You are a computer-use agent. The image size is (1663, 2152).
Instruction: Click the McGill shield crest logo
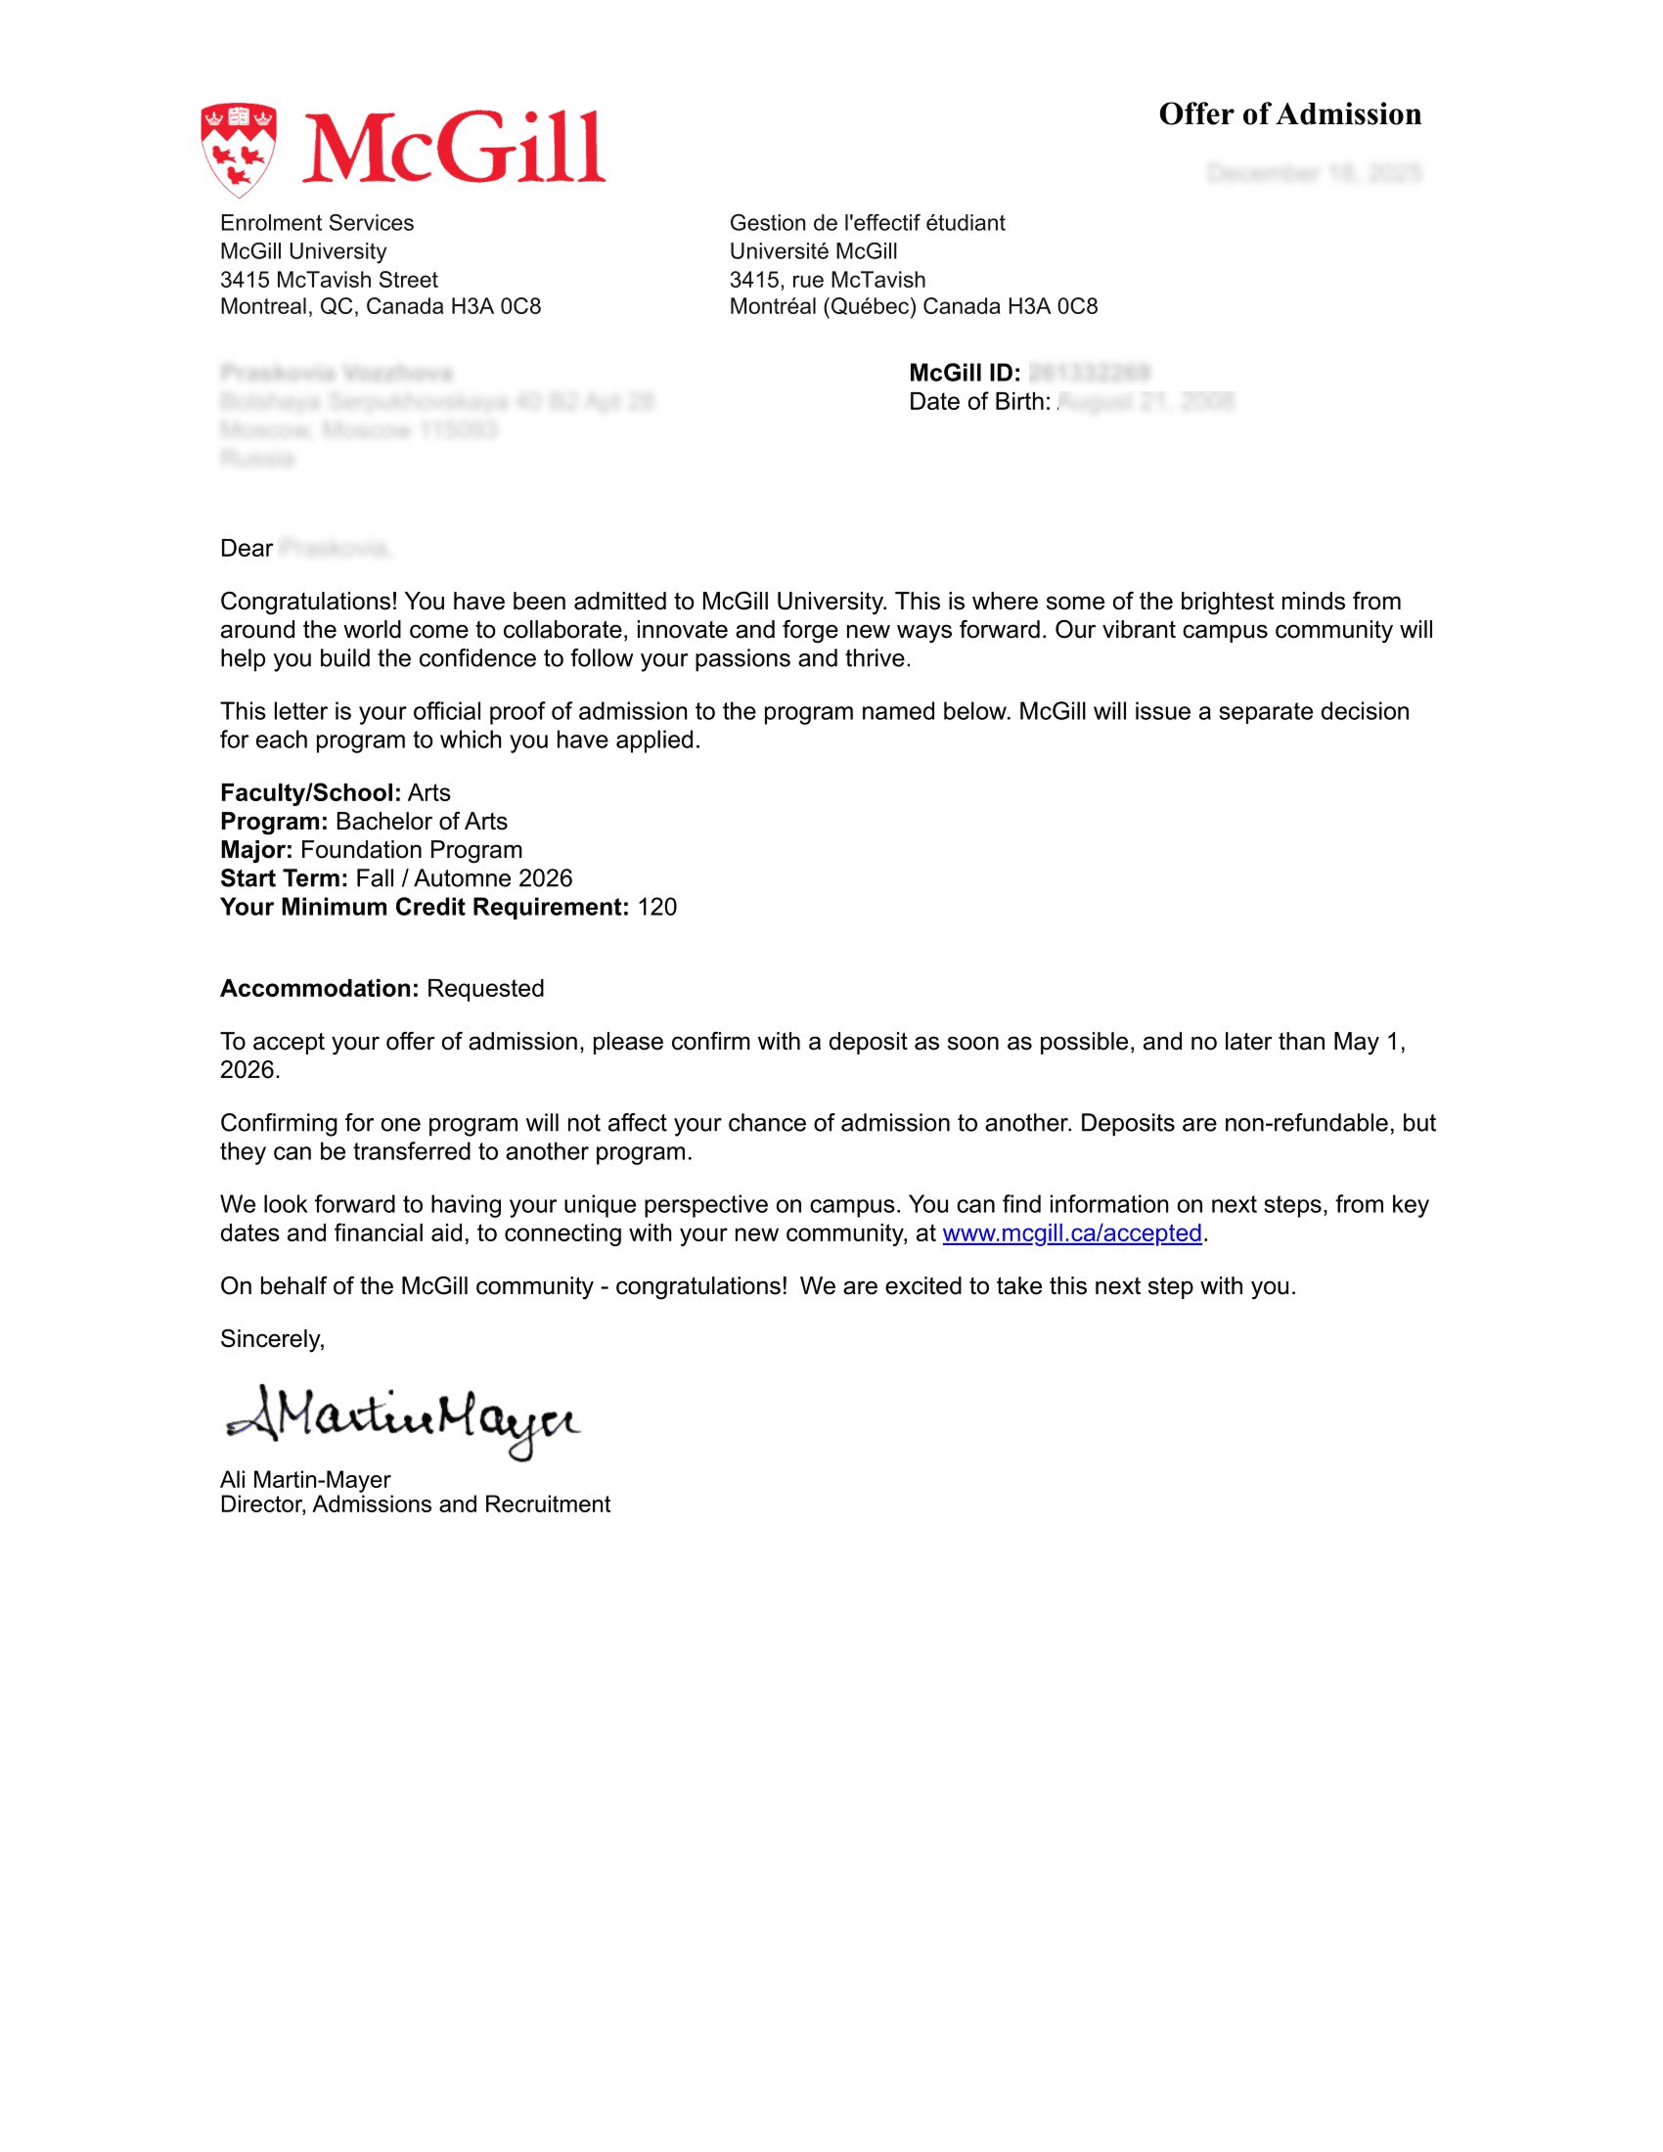pos(239,150)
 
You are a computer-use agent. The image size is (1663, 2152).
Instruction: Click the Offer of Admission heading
pos(1288,114)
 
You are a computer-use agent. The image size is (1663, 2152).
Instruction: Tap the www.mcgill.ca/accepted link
pos(1072,1233)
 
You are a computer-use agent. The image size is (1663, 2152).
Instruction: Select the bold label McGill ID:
pos(964,373)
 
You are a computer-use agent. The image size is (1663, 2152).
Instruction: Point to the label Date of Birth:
pos(979,401)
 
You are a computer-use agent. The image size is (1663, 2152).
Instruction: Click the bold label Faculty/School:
pos(310,792)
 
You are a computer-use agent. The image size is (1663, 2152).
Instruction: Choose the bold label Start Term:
pos(284,878)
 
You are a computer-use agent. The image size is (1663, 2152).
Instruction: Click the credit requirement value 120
pos(657,907)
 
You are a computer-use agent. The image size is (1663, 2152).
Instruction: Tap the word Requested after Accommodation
pos(484,988)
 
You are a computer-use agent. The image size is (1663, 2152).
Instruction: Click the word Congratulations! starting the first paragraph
pos(308,601)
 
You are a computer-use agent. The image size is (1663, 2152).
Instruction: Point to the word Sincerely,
pos(272,1338)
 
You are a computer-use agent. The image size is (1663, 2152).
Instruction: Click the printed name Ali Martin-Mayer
pos(305,1479)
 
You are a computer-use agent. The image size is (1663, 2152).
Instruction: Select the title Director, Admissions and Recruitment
pos(415,1504)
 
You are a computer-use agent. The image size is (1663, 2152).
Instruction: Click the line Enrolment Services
pos(316,223)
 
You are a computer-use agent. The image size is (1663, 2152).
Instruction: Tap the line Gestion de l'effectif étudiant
pos(867,223)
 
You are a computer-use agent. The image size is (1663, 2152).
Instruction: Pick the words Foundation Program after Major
pos(411,849)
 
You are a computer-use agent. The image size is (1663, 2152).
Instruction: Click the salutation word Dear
pos(247,548)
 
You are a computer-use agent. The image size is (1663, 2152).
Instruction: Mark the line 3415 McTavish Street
pos(329,280)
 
